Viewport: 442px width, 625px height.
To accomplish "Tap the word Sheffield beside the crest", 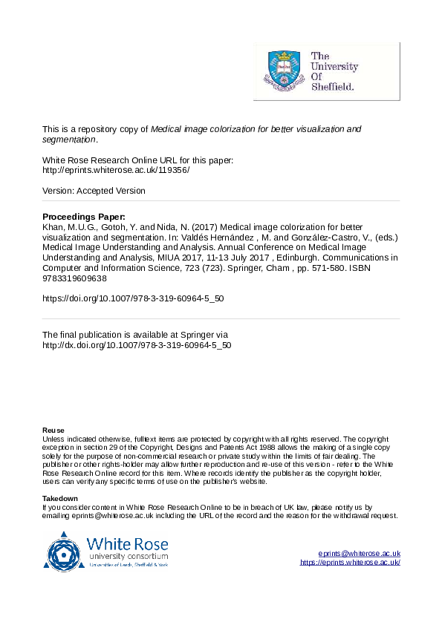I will [332, 86].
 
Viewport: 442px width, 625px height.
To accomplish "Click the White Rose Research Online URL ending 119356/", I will [116, 170].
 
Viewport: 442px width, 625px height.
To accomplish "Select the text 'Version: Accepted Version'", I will [94, 191].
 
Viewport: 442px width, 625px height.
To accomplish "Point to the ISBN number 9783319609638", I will [74, 278].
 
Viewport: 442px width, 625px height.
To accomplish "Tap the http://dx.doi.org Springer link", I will [137, 345].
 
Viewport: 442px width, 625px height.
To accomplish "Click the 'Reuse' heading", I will [53, 431].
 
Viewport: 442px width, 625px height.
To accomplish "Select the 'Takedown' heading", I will [59, 498].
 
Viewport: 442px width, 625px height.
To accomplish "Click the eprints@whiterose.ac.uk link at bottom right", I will [360, 554].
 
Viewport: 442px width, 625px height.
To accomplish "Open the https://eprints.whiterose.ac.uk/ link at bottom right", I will [350, 563].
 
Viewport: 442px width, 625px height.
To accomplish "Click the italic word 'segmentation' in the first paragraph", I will [68, 139].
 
